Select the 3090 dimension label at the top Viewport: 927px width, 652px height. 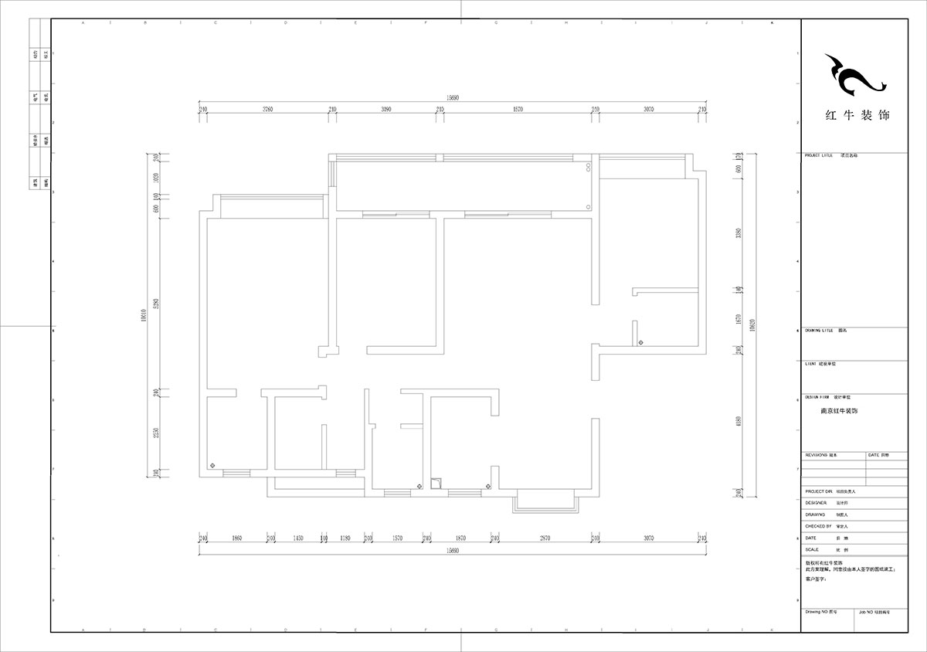pyautogui.click(x=386, y=110)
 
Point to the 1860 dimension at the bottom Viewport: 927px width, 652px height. pyautogui.click(x=236, y=538)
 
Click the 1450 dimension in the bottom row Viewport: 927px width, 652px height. pyautogui.click(x=297, y=538)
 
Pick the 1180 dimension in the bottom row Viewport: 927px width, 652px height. pyautogui.click(x=345, y=538)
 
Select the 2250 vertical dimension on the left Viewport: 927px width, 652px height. pyautogui.click(x=155, y=433)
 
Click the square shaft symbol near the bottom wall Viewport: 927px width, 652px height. pyautogui.click(x=436, y=484)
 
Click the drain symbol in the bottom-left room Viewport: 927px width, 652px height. pyautogui.click(x=213, y=465)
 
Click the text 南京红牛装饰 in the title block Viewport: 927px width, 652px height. pyautogui.click(x=839, y=411)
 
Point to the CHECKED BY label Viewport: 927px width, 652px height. pyautogui.click(x=817, y=526)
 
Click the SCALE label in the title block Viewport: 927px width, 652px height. pyautogui.click(x=811, y=548)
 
